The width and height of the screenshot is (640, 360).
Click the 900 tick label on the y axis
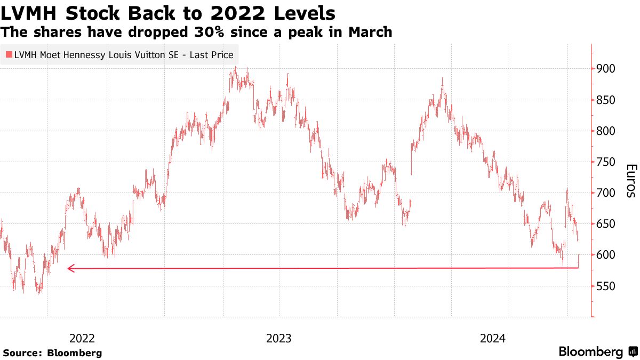point(607,69)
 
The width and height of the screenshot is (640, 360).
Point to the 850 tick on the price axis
point(607,100)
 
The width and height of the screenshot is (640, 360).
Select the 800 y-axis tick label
point(607,131)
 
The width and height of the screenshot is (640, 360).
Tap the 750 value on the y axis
point(607,162)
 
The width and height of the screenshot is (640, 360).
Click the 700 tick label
point(607,193)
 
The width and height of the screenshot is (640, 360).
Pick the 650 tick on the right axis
point(607,224)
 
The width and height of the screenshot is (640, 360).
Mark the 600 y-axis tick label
point(607,255)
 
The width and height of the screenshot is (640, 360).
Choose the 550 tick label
point(607,286)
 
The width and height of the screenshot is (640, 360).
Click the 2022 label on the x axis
point(82,338)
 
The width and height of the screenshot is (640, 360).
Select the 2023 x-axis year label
point(279,338)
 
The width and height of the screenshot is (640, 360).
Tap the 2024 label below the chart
point(493,338)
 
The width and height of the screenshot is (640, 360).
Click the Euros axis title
point(630,181)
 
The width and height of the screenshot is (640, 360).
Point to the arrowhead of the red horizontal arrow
point(70,268)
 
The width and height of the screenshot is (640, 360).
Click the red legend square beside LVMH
point(9,54)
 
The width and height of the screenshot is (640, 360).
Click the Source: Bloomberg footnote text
point(52,353)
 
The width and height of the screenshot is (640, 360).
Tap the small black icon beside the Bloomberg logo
point(633,352)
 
